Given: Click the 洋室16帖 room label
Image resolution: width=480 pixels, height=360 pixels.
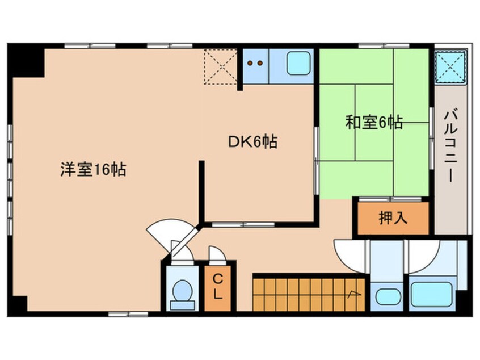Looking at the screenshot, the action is tap(93, 169).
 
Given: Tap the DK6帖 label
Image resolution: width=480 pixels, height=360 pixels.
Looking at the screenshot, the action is tap(253, 141).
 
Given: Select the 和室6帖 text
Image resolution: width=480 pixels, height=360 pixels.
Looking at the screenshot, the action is tap(374, 122).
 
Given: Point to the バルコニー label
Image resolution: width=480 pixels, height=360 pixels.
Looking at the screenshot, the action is tap(450, 146).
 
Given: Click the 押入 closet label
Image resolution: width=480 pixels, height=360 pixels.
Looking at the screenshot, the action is tap(393, 218).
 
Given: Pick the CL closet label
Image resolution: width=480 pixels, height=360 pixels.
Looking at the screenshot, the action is tap(217, 287).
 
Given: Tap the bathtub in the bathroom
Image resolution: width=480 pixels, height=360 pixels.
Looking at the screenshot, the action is tap(431, 294).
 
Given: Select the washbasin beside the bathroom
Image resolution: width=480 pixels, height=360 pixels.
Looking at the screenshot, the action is tap(388, 297).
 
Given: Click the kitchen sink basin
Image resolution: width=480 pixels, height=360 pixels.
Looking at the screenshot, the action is tap(298, 63).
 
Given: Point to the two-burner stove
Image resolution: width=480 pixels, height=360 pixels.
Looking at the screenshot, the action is tap(255, 64).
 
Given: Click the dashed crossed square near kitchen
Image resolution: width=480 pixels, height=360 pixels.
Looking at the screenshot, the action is tap(220, 66).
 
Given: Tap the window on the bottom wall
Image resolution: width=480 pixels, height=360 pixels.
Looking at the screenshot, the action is tap(128, 314).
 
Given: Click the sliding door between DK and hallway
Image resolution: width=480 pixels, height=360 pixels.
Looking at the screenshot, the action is tap(243, 225).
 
